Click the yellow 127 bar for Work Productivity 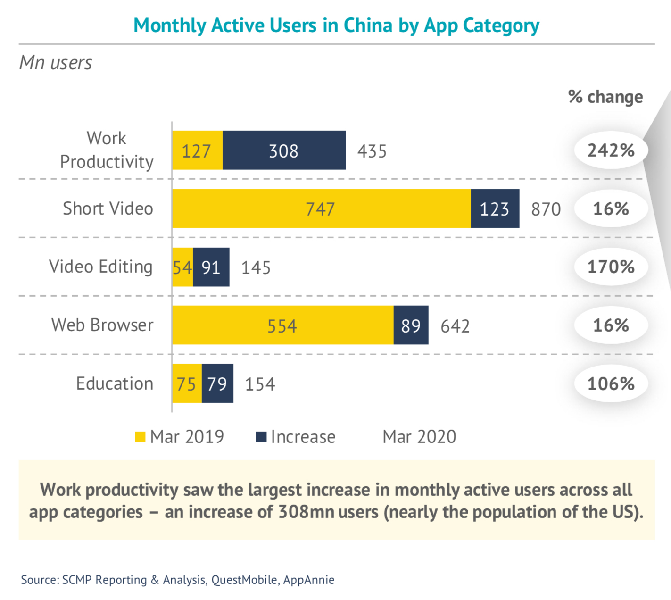click(197, 150)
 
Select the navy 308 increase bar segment click(284, 150)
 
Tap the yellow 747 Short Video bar click(321, 209)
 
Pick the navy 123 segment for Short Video click(495, 209)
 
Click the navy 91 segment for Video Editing click(211, 267)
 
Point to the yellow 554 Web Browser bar click(282, 325)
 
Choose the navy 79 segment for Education click(217, 383)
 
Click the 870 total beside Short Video click(546, 209)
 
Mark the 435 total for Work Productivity click(372, 151)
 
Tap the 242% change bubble click(611, 150)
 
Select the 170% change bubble click(611, 267)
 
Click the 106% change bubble click(611, 383)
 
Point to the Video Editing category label click(101, 267)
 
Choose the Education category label click(115, 383)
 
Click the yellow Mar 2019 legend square click(140, 437)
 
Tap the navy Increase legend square click(261, 437)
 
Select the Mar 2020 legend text click(419, 437)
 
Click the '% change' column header click(605, 97)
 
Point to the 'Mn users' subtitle click(56, 63)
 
